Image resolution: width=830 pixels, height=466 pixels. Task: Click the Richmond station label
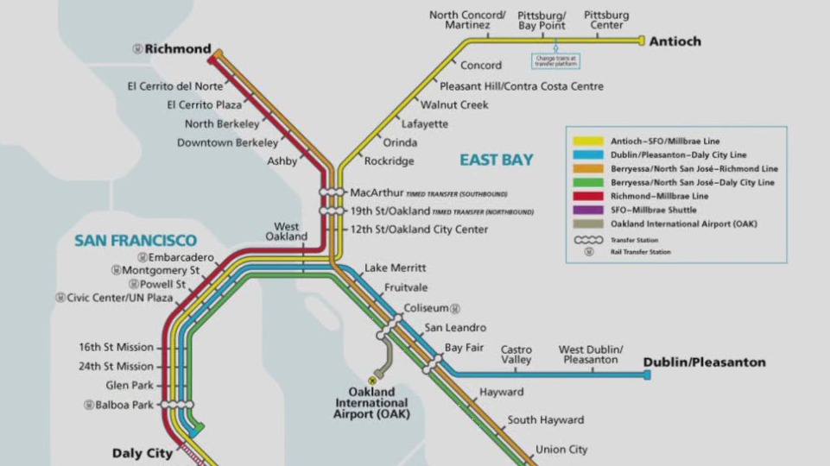[177, 49]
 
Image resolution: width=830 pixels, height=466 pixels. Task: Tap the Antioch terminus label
[675, 41]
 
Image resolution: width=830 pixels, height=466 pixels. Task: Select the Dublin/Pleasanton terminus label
[705, 363]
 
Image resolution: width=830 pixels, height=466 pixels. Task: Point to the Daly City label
[142, 453]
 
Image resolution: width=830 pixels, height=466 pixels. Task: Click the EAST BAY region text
[496, 160]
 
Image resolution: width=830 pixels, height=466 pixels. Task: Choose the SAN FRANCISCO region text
[135, 241]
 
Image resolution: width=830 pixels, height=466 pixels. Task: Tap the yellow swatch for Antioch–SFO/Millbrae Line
[588, 141]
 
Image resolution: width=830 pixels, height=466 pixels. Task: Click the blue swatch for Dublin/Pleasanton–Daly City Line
[588, 154]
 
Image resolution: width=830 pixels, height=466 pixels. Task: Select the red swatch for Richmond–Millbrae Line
[588, 196]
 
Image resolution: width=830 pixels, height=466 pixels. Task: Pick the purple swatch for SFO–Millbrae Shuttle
[588, 210]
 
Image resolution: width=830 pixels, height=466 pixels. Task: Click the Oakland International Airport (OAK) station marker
[373, 379]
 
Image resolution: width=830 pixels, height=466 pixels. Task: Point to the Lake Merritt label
[395, 268]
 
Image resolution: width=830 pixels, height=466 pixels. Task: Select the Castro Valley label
[516, 354]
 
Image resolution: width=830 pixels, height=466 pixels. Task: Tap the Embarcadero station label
[180, 257]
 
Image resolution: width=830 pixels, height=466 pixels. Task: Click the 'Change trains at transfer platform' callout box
[556, 61]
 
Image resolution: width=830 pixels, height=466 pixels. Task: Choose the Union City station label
[561, 450]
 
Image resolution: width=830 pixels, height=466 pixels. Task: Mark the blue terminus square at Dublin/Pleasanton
[647, 375]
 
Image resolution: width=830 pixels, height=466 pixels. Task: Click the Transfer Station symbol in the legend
[588, 239]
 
